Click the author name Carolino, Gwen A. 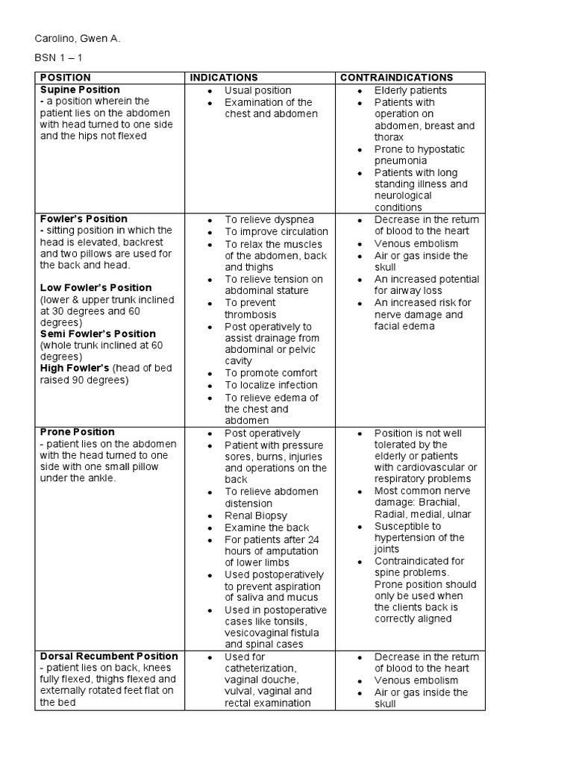click(x=78, y=38)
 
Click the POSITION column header click(x=66, y=78)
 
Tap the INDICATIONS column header click(x=224, y=78)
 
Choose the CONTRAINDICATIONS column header click(x=396, y=78)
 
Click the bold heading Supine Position click(x=80, y=90)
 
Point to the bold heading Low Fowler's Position click(x=95, y=287)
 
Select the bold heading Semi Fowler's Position click(x=98, y=334)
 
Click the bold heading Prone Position click(x=77, y=431)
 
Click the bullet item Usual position click(x=257, y=90)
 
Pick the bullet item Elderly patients click(x=410, y=90)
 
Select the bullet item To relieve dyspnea click(x=269, y=219)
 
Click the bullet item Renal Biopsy click(x=256, y=515)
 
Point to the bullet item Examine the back click(x=266, y=527)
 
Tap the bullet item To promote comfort click(x=271, y=373)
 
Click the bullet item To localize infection click(x=272, y=385)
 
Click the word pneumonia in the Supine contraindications click(x=401, y=160)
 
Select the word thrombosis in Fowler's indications click(x=250, y=314)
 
